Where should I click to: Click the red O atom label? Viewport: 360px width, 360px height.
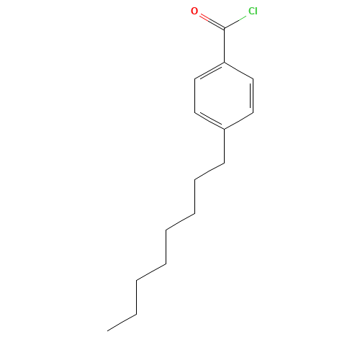pos(194,12)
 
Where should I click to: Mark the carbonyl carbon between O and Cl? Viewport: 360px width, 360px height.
pos(224,30)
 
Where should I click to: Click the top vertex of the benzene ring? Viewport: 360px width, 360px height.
pos(224,63)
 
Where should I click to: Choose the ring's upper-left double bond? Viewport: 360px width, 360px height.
pos(210,71)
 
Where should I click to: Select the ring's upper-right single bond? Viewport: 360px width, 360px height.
pos(238,71)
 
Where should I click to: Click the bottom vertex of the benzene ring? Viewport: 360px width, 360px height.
pos(224,129)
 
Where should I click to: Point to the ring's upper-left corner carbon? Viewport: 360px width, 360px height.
pos(196,79)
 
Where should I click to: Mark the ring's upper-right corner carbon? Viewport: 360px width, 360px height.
pos(253,79)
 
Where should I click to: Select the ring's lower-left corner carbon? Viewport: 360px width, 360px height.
pos(196,112)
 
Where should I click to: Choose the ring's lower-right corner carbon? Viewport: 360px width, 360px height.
pos(253,112)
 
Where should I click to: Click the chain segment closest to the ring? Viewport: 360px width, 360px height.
pos(224,146)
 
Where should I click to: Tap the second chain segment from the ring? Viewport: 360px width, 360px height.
pos(210,171)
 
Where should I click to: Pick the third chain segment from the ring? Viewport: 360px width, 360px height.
pos(195,197)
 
